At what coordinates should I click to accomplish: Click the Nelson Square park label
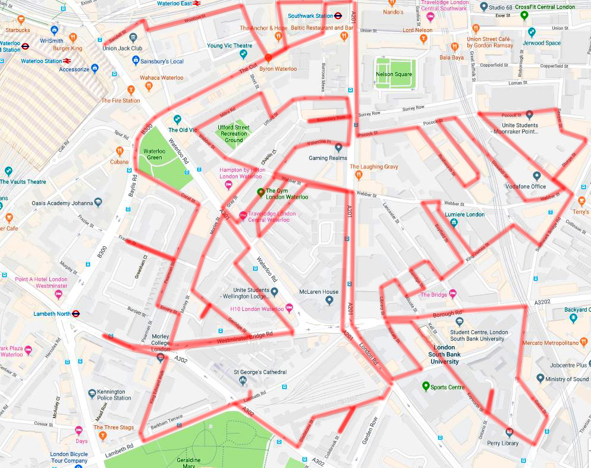click(394, 74)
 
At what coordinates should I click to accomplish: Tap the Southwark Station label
click(310, 15)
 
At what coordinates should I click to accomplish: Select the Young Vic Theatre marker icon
click(243, 55)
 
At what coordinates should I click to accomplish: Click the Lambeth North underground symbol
click(76, 313)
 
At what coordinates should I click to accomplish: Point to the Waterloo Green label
click(154, 155)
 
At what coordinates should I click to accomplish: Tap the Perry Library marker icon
click(508, 432)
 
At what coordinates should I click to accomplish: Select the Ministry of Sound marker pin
click(540, 379)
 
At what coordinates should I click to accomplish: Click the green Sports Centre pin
click(426, 387)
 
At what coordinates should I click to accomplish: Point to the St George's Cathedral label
click(260, 372)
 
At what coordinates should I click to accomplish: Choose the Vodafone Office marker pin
click(537, 176)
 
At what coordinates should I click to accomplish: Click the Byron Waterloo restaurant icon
click(268, 58)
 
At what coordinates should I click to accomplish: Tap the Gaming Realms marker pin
click(338, 147)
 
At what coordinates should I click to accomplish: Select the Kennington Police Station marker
click(92, 393)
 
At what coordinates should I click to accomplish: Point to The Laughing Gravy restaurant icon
click(358, 175)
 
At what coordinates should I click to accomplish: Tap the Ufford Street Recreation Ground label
click(233, 134)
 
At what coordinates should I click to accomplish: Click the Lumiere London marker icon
click(454, 222)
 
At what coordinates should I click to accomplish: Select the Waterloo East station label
click(174, 3)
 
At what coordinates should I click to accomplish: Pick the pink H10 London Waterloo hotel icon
click(290, 308)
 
